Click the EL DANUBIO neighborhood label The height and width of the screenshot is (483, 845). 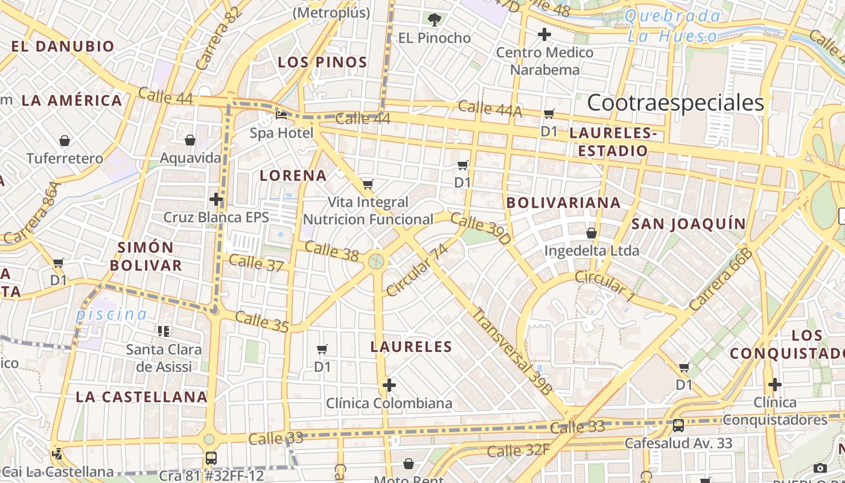click(63, 46)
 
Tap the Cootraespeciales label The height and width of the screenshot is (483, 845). click(675, 103)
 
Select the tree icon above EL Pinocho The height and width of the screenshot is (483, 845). click(434, 20)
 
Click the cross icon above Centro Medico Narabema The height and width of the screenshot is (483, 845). click(544, 34)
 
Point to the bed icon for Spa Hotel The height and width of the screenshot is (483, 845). click(281, 114)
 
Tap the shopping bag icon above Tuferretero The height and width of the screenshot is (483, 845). click(65, 141)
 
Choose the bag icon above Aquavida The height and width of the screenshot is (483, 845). click(190, 140)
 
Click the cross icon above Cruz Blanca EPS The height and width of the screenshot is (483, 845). click(216, 199)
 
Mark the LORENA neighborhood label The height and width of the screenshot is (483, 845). click(293, 176)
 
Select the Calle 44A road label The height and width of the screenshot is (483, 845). click(489, 109)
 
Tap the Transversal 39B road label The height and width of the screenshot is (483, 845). click(511, 351)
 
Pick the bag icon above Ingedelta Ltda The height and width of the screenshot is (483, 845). click(591, 232)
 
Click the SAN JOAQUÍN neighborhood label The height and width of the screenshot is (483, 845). click(689, 224)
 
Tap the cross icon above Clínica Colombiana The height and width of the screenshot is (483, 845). click(389, 385)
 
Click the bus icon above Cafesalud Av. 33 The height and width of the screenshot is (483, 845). click(678, 425)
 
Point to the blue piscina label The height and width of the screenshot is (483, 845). click(111, 314)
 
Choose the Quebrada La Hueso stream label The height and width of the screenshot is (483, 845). click(673, 26)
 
